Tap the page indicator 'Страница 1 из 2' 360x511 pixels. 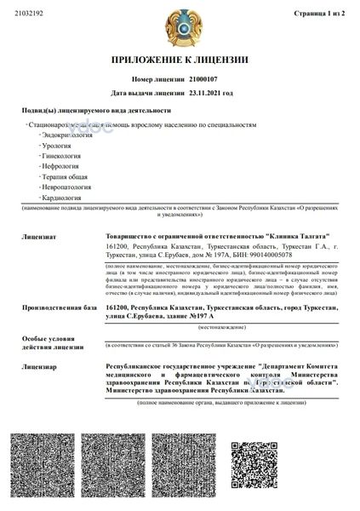326,14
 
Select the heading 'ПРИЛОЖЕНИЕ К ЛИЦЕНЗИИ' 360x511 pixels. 179,60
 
